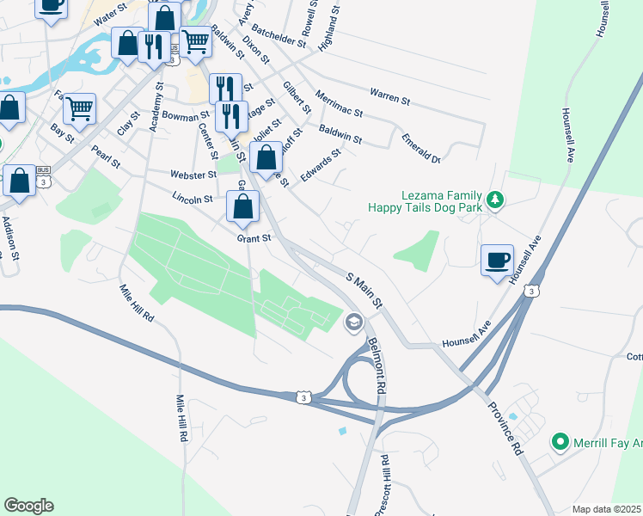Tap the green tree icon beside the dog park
click(494, 200)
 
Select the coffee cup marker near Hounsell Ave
click(498, 260)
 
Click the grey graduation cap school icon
click(352, 323)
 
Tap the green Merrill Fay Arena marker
click(560, 442)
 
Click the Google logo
click(28, 506)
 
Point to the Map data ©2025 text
click(606, 509)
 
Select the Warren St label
click(389, 95)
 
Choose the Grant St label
click(254, 237)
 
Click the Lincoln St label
click(192, 198)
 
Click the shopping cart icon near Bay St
click(79, 108)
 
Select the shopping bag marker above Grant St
click(243, 206)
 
